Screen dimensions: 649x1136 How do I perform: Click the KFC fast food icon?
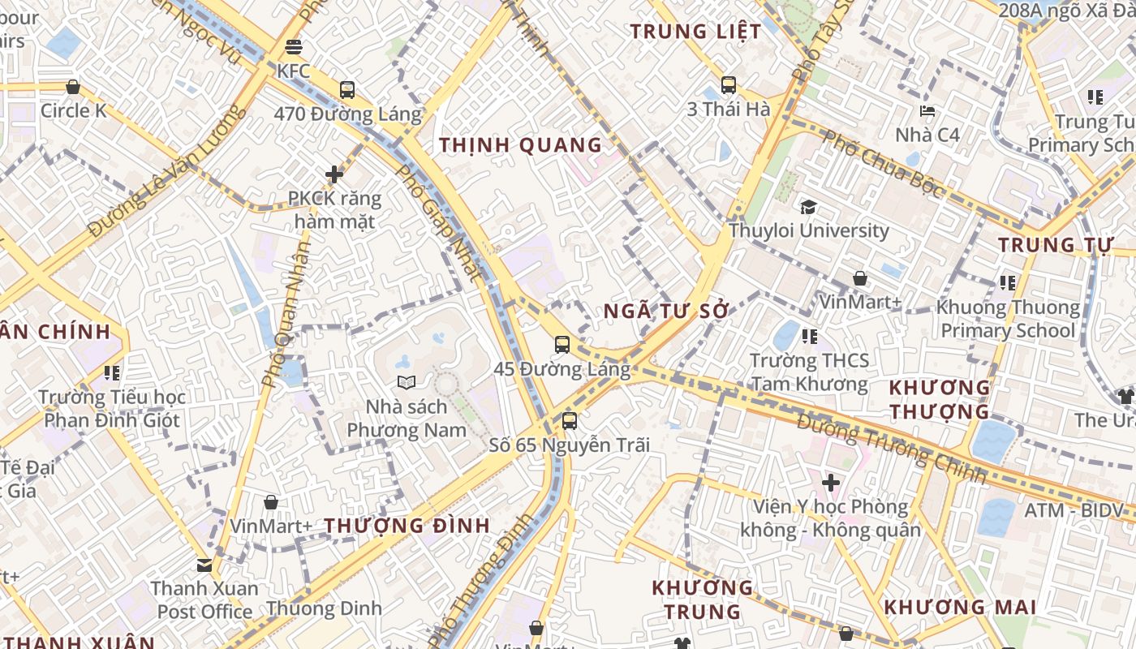294,48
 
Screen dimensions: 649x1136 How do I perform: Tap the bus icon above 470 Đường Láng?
347,90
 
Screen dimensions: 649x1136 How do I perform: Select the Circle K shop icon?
73,87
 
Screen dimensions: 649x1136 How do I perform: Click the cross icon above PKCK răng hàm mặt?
334,174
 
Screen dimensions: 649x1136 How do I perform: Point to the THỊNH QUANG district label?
521,145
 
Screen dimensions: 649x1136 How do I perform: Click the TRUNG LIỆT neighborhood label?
696,32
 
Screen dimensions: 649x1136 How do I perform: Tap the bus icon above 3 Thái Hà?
729,85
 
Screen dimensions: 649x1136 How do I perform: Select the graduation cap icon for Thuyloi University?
808,207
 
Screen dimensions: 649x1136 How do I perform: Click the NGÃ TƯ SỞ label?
667,312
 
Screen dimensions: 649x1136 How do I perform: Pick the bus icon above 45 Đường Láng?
562,345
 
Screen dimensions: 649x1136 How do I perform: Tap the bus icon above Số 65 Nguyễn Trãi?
570,421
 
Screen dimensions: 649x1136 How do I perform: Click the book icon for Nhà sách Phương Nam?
407,382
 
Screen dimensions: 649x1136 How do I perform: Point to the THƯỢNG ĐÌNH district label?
407,526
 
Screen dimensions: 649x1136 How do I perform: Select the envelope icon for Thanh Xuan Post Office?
204,565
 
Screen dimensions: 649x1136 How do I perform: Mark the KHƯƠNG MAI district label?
960,607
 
